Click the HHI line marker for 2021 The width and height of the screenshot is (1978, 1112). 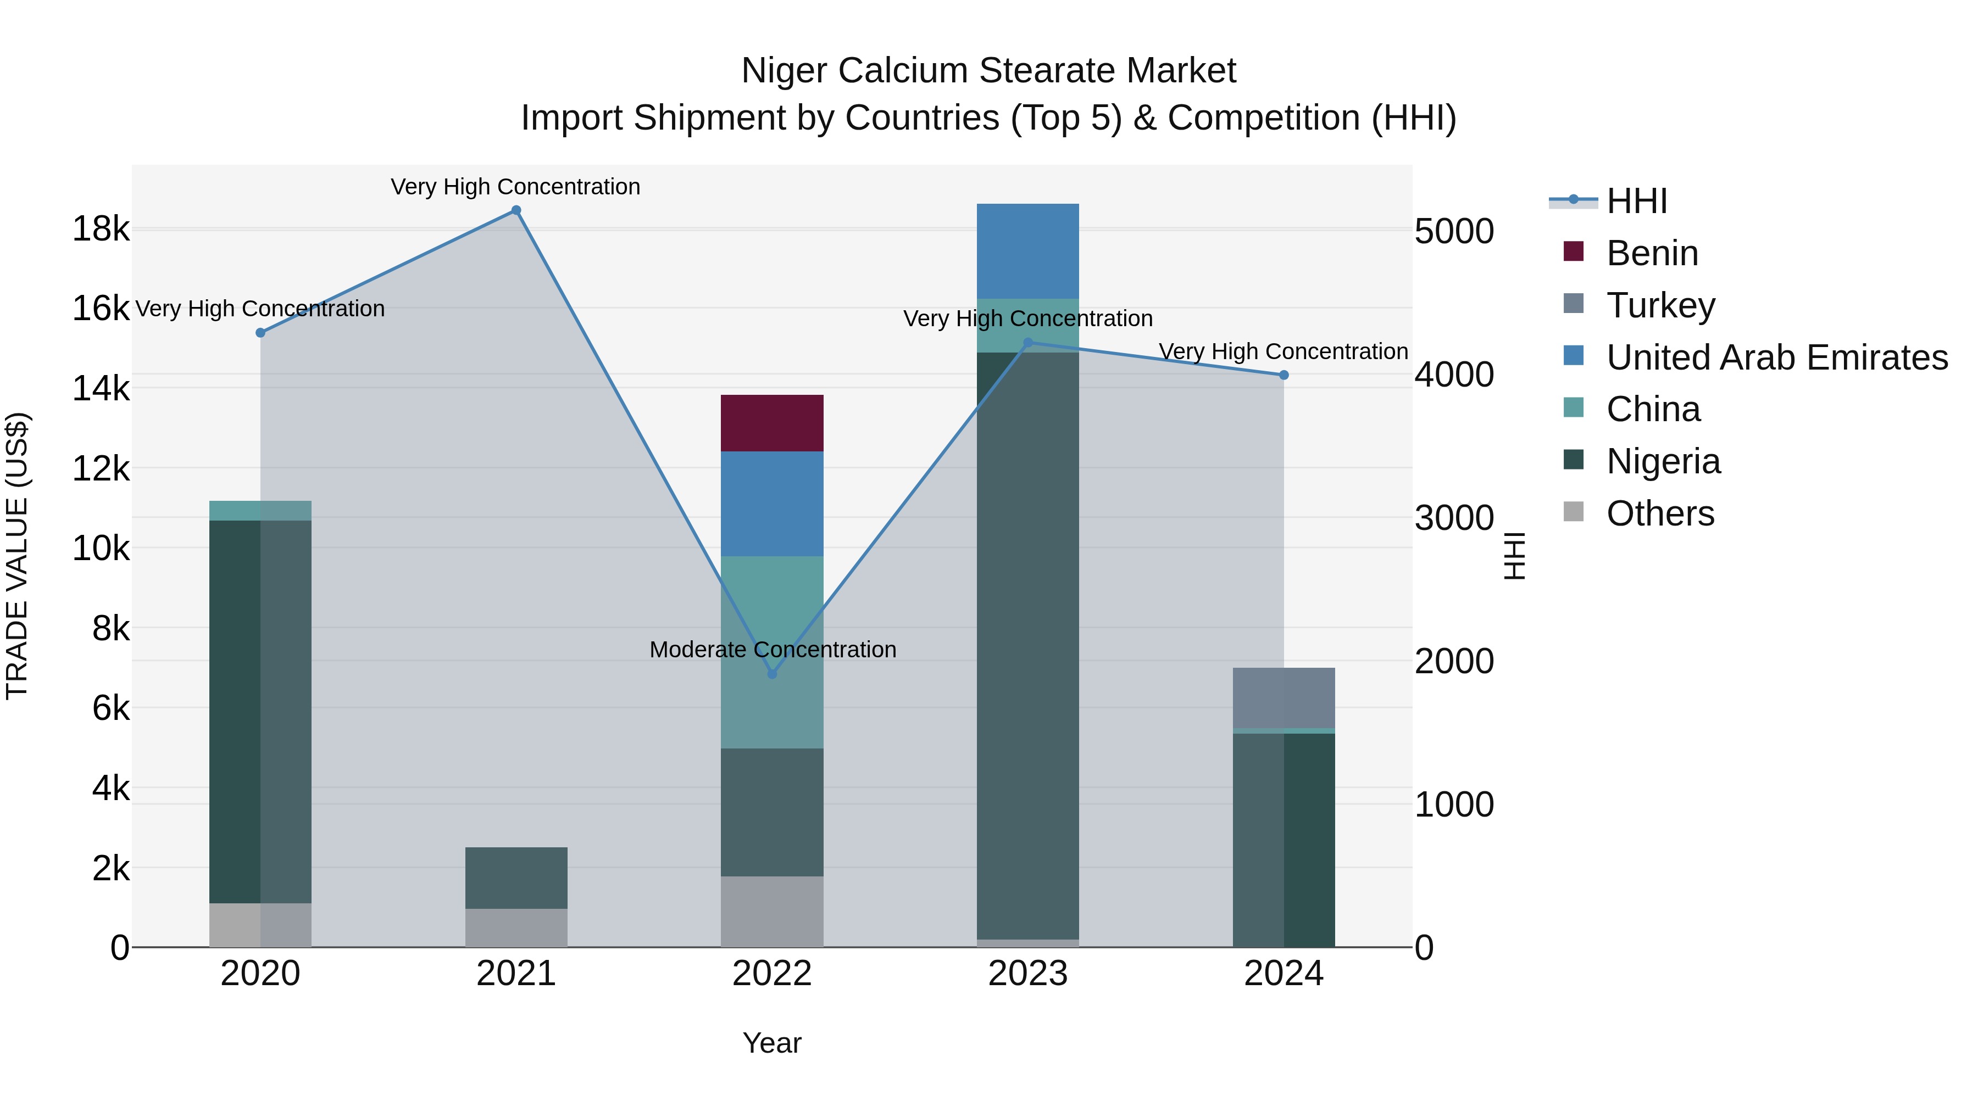[516, 210]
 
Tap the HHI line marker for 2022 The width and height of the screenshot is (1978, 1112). [773, 674]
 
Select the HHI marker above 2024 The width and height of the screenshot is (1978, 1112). [1284, 375]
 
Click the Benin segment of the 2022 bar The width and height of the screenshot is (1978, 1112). [772, 423]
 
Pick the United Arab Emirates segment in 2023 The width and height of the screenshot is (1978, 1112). [1027, 251]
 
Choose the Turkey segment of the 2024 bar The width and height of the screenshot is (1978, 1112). [1284, 697]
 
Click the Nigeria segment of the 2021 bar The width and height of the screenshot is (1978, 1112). [516, 878]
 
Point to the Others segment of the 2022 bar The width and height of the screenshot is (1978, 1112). [772, 912]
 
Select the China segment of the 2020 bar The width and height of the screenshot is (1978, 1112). [260, 510]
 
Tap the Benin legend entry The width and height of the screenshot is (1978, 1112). [1652, 253]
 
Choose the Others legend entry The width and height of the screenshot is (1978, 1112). [1659, 513]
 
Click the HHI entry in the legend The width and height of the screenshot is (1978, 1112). [1636, 201]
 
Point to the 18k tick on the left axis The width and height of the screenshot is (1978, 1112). [101, 228]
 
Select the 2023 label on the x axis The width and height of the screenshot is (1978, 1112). [1027, 974]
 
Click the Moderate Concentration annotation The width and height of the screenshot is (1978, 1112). [773, 649]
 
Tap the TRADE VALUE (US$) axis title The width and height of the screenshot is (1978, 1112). [17, 556]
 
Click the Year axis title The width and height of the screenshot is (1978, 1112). [772, 1043]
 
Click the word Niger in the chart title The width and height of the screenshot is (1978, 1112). [784, 71]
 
